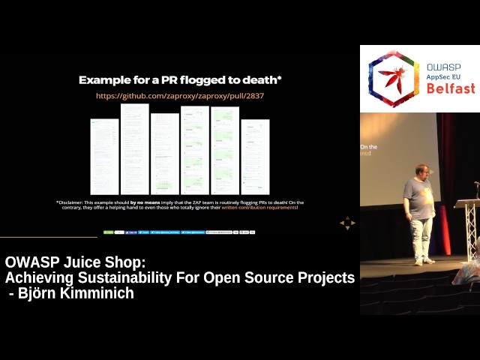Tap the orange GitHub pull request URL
180,96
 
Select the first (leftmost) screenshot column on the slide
104,156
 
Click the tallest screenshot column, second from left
135,148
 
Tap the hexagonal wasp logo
394,79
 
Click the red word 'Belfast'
450,88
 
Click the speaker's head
421,172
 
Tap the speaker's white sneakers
424,261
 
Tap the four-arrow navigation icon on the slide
346,223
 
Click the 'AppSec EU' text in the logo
445,77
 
